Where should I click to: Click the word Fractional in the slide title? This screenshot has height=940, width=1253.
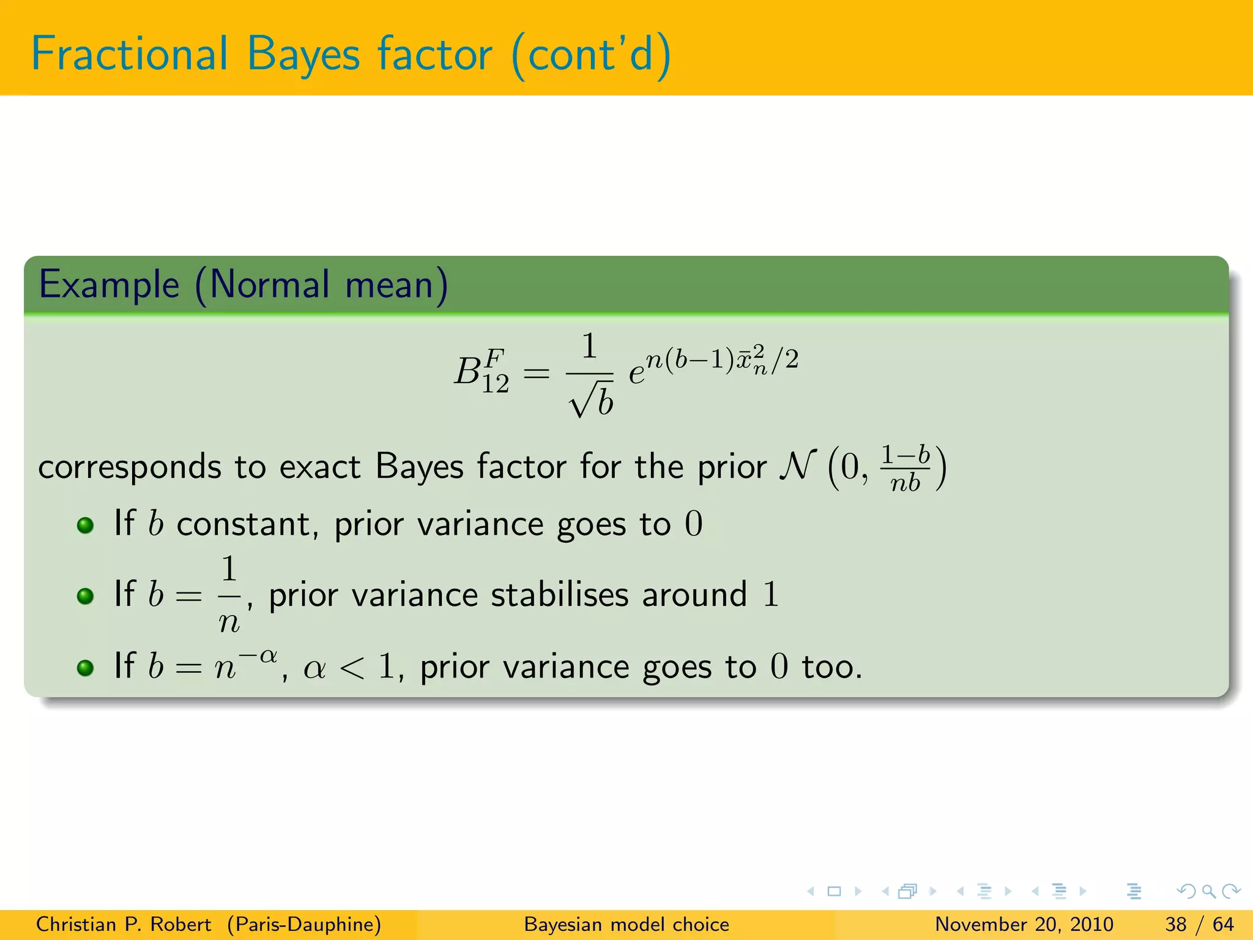pyautogui.click(x=130, y=54)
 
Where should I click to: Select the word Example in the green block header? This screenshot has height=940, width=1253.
pyautogui.click(x=109, y=285)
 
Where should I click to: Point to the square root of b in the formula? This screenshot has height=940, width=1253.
pyautogui.click(x=591, y=401)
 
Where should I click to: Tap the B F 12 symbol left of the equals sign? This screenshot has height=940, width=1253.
pyautogui.click(x=481, y=371)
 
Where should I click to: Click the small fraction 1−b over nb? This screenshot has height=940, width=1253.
pyautogui.click(x=905, y=469)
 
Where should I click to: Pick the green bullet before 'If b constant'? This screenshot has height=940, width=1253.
pyautogui.click(x=85, y=525)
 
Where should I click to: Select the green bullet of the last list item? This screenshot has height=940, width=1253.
pyautogui.click(x=85, y=667)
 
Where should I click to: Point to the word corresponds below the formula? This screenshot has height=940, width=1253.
pyautogui.click(x=129, y=468)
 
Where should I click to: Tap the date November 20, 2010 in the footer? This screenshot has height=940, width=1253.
pyautogui.click(x=1024, y=924)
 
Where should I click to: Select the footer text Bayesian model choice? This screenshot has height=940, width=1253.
pyautogui.click(x=626, y=924)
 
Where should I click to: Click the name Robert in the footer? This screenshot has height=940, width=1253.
pyautogui.click(x=180, y=924)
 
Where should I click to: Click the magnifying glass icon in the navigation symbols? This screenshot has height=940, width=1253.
pyautogui.click(x=1208, y=891)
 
